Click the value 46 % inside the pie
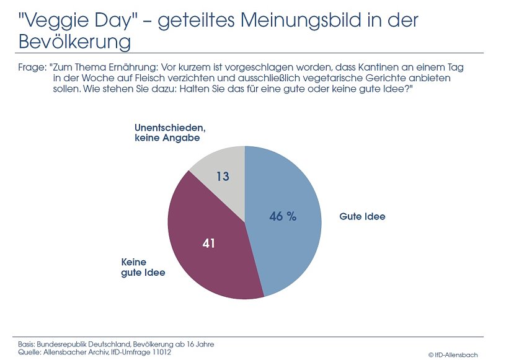pos(283,216)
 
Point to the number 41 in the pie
pos(208,244)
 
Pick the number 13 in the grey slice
pos(223,177)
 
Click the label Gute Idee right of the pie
pos(362,217)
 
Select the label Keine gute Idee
pos(143,267)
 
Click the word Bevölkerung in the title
pos(74,42)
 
